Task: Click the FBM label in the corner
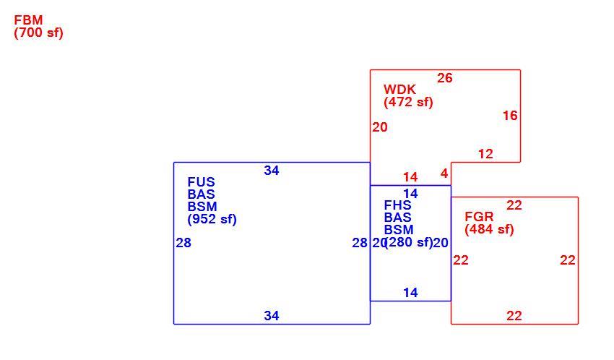28,20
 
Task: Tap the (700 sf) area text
38,33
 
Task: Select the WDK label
399,90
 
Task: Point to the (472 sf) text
408,102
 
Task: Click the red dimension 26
445,78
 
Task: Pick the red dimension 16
510,116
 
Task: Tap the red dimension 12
485,154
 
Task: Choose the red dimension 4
444,173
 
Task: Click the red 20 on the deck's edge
380,127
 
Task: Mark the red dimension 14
410,177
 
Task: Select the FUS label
202,182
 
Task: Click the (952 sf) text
212,218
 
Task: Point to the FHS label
397,205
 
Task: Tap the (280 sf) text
409,242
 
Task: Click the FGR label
479,217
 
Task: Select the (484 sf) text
489,229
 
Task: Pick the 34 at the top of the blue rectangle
272,171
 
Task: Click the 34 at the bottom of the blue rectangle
272,316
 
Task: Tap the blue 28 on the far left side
183,243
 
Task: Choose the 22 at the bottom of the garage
514,316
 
